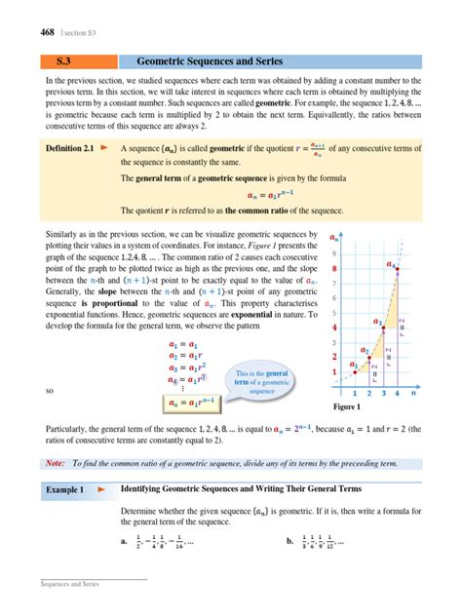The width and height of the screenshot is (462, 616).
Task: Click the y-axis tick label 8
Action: tap(335, 268)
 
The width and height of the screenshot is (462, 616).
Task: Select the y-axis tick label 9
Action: tap(335, 253)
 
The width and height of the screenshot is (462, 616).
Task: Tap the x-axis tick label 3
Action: tap(384, 394)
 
